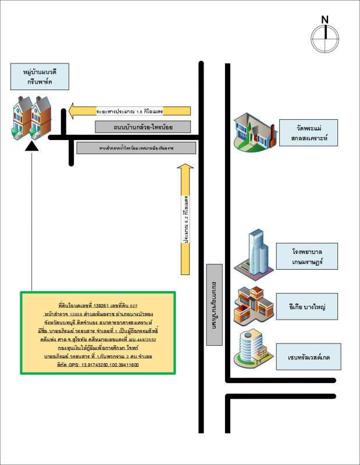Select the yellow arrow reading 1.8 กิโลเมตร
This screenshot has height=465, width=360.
click(130, 109)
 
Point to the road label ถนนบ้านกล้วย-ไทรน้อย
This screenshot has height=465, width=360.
click(134, 126)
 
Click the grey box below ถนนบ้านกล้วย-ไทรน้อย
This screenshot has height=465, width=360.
click(136, 148)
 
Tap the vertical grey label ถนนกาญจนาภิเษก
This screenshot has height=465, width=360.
click(214, 305)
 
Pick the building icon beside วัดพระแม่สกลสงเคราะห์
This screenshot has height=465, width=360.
click(252, 133)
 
